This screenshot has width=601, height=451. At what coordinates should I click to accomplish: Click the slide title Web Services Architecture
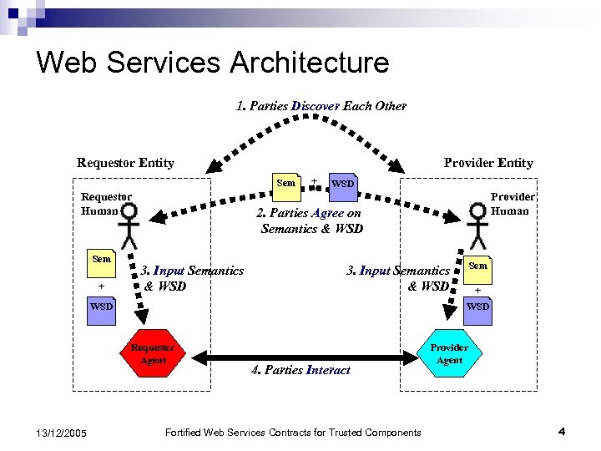tap(213, 63)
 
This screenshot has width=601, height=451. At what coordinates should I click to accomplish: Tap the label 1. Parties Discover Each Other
tap(321, 106)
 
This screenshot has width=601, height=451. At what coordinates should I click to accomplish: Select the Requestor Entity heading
tap(125, 163)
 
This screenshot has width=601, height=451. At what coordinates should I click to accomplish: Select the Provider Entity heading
tap(487, 163)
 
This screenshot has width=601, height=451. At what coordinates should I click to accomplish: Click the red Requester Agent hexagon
tap(153, 354)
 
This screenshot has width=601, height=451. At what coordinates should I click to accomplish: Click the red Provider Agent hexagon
tap(449, 353)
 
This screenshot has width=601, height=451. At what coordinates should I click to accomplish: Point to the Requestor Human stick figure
tap(129, 226)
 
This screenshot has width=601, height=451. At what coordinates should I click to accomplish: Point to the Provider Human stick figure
tap(477, 226)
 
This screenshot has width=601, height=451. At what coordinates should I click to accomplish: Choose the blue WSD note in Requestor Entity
tap(102, 307)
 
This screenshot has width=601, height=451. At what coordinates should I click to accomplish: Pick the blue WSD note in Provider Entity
tap(477, 307)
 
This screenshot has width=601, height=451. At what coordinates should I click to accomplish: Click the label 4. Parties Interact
tap(300, 370)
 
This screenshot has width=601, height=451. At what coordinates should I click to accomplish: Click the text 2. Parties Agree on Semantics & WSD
tap(311, 220)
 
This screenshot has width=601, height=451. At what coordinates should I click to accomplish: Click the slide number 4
tap(562, 431)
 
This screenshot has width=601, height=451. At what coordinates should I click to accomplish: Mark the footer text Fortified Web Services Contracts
tap(293, 432)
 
